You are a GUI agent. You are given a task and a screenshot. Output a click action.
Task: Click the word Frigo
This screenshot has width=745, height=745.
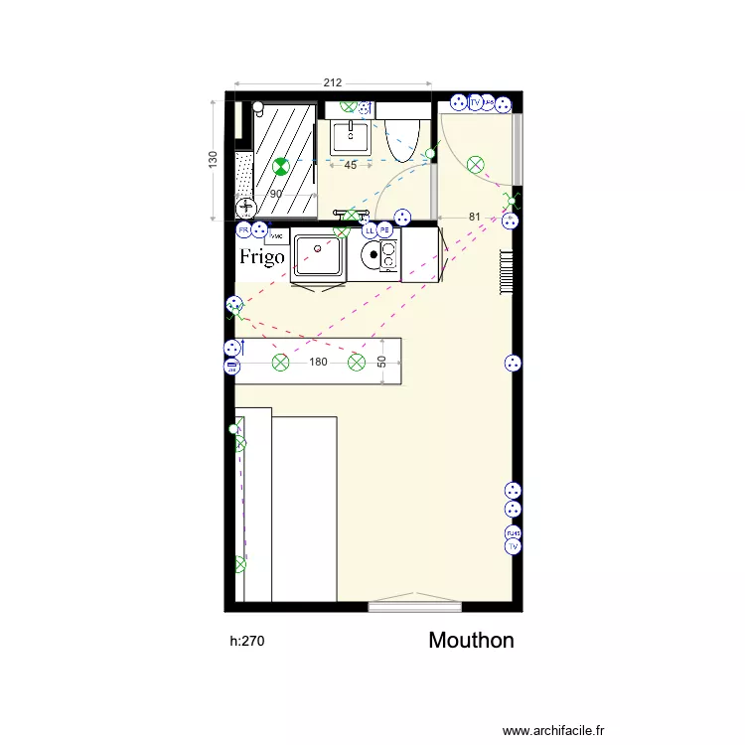tap(262, 257)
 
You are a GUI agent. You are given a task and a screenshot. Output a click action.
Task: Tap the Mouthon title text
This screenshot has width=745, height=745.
tap(471, 641)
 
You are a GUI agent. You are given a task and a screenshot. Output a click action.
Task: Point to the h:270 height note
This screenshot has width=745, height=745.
tap(247, 642)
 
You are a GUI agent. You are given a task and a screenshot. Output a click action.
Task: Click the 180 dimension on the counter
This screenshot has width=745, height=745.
tap(318, 363)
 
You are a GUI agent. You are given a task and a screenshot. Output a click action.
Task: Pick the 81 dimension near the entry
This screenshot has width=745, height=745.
tap(474, 217)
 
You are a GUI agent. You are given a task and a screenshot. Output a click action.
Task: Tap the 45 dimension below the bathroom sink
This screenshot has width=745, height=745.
tap(350, 166)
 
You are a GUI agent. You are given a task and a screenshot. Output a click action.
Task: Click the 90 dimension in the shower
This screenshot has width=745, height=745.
tap(276, 195)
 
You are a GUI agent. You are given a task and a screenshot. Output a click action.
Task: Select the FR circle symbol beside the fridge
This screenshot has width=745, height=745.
tap(243, 230)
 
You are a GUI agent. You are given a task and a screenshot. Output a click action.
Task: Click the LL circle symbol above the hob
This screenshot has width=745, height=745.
tap(370, 230)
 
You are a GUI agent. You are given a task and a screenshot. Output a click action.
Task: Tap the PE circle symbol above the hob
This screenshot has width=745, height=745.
tap(384, 230)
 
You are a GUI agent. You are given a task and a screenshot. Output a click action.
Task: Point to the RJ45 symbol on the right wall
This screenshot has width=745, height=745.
tap(513, 532)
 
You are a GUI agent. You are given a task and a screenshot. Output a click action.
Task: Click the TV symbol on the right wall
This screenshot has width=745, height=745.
tap(513, 546)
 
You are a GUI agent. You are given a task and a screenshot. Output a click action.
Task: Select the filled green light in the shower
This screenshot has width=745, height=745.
tap(281, 167)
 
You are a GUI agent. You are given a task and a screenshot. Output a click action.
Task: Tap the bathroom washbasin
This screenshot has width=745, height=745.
tap(350, 135)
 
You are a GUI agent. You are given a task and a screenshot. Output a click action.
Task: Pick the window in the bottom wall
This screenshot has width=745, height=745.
tap(414, 604)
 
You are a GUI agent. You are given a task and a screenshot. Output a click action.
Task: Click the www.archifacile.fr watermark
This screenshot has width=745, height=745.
tap(553, 730)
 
